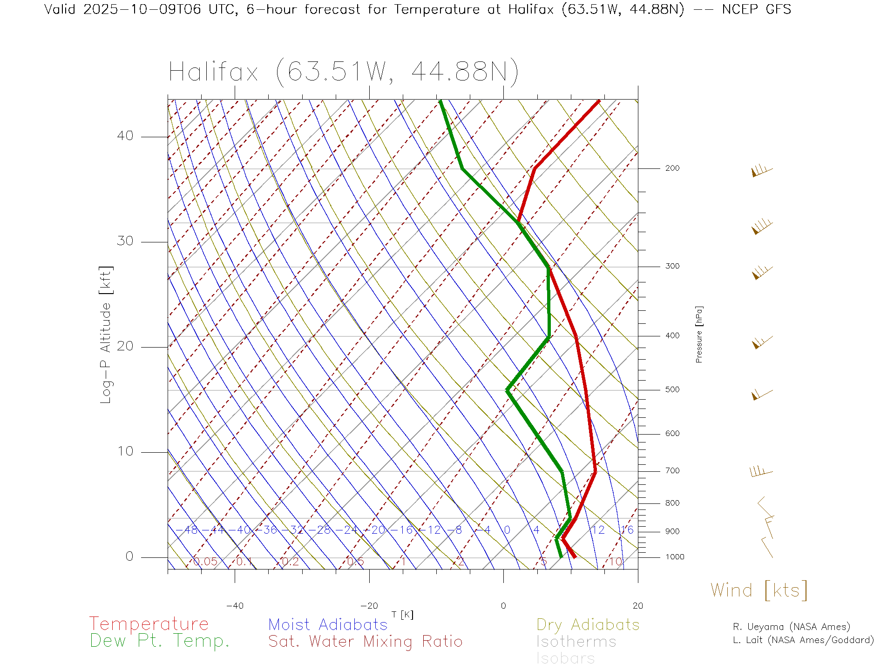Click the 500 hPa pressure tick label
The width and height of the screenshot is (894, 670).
click(672, 389)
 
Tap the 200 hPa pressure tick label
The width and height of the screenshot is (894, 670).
click(672, 168)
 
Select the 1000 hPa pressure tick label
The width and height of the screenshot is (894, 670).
click(674, 557)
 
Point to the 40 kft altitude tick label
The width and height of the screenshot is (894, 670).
click(125, 136)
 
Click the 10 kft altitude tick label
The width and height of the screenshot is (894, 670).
click(125, 451)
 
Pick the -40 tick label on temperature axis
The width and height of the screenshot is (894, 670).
click(235, 606)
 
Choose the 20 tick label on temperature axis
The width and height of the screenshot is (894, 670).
click(637, 606)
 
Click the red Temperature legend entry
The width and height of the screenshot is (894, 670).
click(149, 624)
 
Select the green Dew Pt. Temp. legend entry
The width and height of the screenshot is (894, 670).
click(160, 641)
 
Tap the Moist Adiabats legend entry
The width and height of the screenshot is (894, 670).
click(328, 624)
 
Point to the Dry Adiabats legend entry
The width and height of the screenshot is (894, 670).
click(588, 624)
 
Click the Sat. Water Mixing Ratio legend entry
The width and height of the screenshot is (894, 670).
click(365, 641)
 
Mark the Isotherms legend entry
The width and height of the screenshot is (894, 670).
click(576, 642)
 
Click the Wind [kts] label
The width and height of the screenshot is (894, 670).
click(759, 590)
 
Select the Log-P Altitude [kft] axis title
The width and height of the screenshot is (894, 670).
click(106, 335)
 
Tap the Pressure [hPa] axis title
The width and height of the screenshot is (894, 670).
click(699, 334)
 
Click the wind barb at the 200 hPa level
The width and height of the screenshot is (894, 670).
click(762, 171)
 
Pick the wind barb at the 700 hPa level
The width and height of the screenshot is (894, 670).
click(761, 472)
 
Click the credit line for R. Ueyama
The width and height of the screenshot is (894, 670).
click(791, 627)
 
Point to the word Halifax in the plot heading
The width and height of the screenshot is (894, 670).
click(213, 72)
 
